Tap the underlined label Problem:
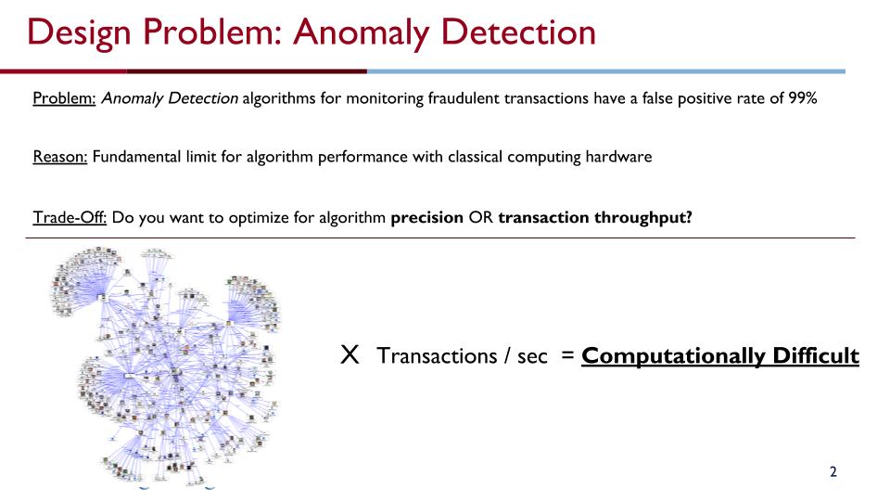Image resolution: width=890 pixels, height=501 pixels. point(64,99)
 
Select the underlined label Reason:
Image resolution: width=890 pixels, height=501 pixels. point(60,156)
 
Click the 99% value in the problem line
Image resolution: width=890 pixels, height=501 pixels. point(799,99)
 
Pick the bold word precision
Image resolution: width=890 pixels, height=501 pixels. point(426,217)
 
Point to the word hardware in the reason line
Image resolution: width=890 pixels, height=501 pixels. point(620,156)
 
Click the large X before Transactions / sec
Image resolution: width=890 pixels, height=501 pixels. point(350,354)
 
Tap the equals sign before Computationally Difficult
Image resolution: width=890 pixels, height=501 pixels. point(566,356)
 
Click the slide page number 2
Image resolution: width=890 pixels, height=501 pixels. point(833,472)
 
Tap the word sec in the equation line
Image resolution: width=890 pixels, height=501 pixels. point(532,356)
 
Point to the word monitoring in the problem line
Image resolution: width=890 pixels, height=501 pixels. point(383,99)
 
